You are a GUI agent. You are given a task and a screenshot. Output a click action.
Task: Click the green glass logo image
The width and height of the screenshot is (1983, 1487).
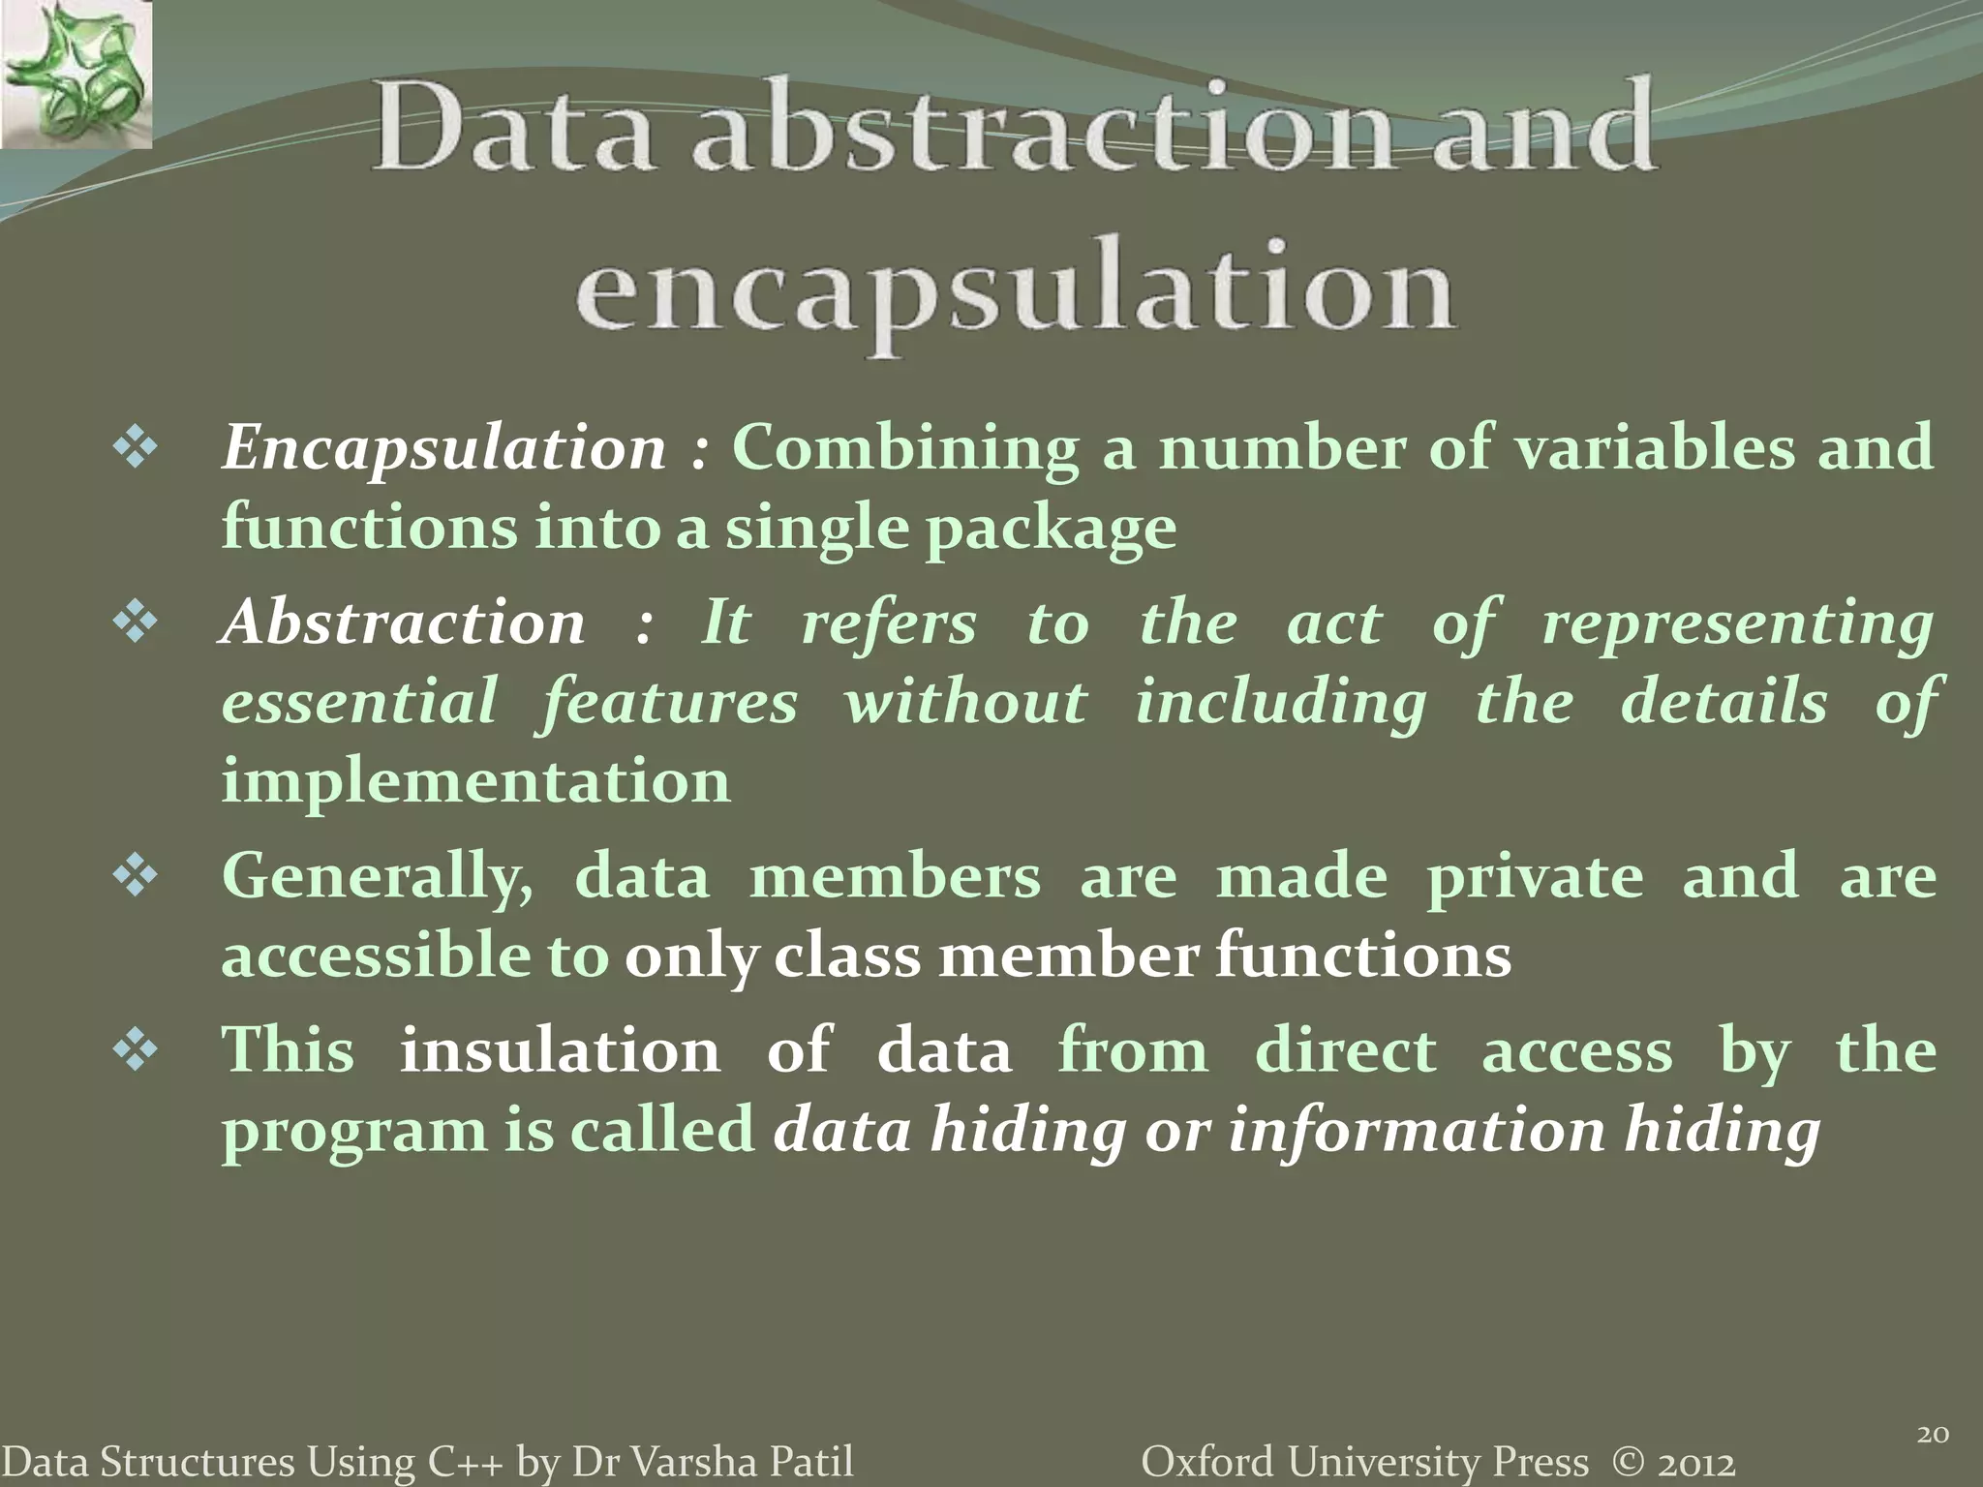click(76, 75)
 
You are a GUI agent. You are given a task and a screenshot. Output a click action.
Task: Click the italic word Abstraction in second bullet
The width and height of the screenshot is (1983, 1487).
click(403, 622)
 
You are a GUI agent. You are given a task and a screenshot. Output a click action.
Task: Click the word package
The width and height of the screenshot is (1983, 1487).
click(1050, 531)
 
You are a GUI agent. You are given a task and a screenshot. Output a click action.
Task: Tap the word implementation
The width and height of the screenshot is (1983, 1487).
click(475, 781)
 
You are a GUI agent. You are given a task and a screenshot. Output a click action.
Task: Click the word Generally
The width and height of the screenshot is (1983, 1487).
click(377, 878)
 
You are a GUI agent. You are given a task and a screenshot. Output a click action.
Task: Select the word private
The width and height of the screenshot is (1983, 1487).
click(1534, 878)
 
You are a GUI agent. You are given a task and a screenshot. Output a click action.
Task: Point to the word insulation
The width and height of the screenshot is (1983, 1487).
click(560, 1051)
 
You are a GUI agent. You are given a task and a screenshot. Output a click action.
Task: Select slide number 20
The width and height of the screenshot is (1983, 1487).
click(1933, 1435)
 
